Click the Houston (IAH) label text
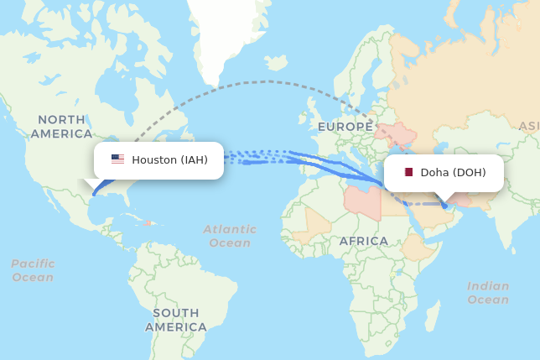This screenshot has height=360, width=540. (169, 159)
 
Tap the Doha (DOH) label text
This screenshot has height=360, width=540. (453, 173)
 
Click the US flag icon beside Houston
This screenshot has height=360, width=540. (117, 159)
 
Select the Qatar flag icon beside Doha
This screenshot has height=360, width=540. (408, 173)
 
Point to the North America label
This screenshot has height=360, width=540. (60, 127)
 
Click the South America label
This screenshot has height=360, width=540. (175, 320)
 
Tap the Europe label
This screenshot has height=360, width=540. (344, 127)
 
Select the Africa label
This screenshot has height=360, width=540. (364, 241)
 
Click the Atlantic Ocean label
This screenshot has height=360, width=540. (230, 236)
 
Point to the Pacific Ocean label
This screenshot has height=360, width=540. (33, 270)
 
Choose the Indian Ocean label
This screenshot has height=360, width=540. (488, 292)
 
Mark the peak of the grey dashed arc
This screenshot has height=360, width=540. (267, 81)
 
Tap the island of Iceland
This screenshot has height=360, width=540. (277, 63)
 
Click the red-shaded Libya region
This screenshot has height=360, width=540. (362, 201)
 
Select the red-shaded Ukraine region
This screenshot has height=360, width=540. (398, 134)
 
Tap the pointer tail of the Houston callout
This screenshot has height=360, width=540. (91, 184)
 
